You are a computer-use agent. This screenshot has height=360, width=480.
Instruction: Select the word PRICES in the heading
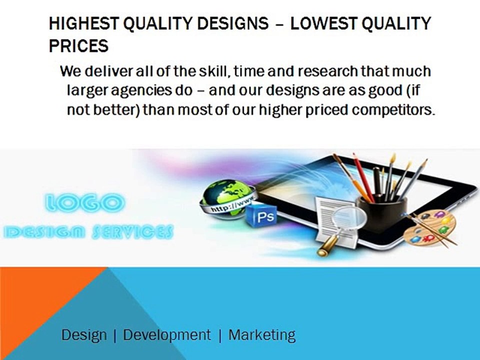pos(78,46)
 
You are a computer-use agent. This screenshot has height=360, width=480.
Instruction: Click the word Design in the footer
pos(84,335)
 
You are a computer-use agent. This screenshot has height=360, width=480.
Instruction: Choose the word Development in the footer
pos(167,335)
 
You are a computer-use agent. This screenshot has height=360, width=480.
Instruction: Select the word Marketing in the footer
pos(262,335)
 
